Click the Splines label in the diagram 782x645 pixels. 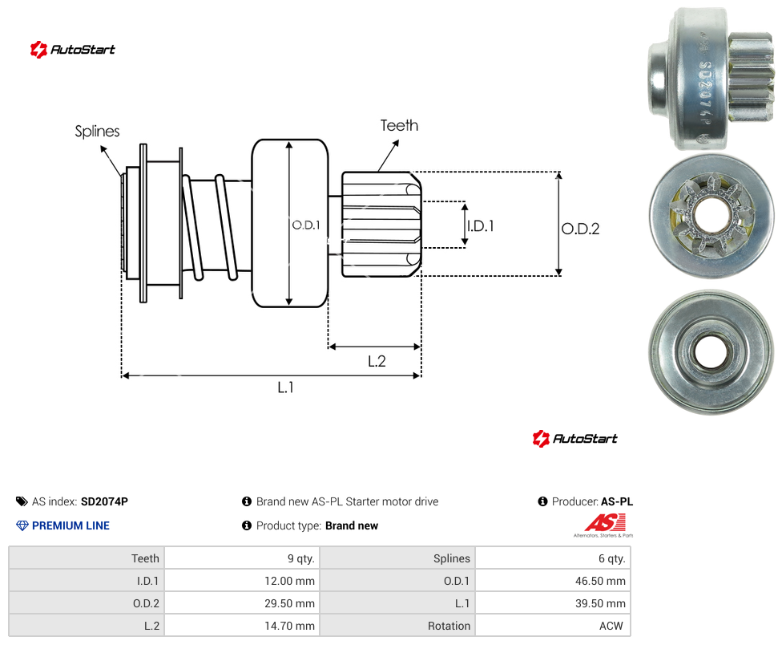point(97,132)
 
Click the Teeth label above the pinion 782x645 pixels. point(399,125)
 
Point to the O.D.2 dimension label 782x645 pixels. point(581,229)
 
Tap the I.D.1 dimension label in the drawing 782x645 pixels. point(481,226)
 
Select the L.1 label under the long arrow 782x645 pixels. point(286,387)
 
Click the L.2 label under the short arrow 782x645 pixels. point(377,361)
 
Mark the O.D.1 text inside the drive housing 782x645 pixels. point(306,225)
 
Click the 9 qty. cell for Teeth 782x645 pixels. point(300,558)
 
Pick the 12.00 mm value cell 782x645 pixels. point(289,581)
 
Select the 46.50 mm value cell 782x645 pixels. point(600,581)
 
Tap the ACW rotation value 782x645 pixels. point(611,626)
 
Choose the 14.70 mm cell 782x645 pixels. point(289,626)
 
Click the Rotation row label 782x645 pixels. point(449,626)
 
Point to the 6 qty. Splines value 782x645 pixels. point(612,558)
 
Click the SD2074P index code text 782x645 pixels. point(104,501)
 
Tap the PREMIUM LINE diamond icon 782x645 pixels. point(22,525)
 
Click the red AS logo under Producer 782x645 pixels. point(605,523)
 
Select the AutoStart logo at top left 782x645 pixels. point(72,50)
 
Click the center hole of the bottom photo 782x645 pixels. point(710,352)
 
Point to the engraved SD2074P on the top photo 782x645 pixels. point(705,92)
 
